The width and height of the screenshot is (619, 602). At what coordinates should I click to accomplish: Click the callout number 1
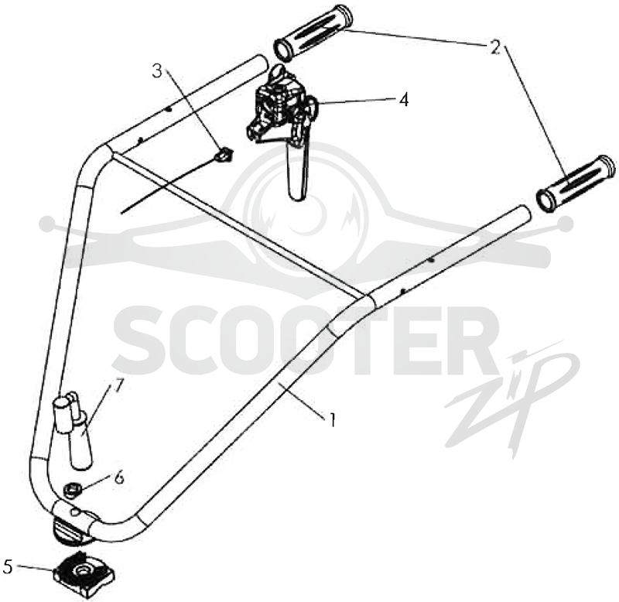coord(333,420)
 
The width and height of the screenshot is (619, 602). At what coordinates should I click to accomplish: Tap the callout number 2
coord(494,47)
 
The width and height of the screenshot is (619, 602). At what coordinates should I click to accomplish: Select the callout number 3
coord(157,71)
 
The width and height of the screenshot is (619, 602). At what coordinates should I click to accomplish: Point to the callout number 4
coord(403,100)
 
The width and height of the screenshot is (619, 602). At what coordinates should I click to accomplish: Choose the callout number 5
coord(8,567)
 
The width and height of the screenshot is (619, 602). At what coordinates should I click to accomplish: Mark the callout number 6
coord(119,477)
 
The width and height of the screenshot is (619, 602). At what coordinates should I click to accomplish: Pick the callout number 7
coord(119,386)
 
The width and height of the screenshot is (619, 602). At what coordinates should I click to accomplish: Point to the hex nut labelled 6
coord(73,491)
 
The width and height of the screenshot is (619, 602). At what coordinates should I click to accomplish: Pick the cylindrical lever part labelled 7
coord(74,430)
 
